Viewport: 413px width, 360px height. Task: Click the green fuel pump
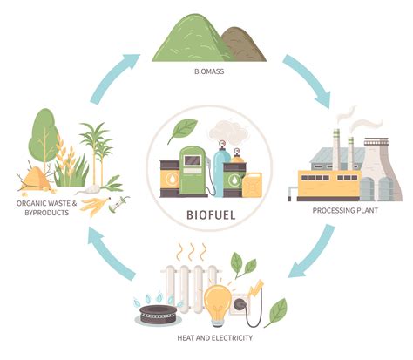coord(193,169)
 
